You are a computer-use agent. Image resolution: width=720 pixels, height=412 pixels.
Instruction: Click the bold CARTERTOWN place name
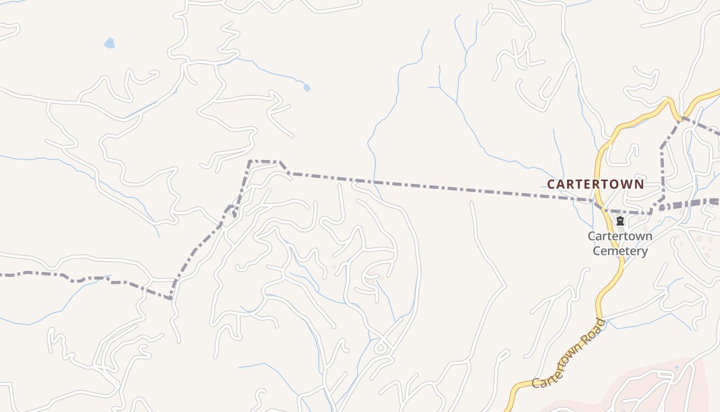[595, 184]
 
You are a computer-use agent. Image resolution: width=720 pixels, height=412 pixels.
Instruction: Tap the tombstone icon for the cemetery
[620, 221]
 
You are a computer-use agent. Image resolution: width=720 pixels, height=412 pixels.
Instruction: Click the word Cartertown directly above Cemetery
[620, 236]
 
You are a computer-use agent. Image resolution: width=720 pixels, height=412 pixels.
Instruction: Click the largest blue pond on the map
[109, 43]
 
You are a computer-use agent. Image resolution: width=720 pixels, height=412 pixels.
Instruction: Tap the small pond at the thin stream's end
[307, 88]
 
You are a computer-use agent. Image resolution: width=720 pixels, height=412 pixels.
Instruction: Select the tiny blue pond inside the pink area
[676, 368]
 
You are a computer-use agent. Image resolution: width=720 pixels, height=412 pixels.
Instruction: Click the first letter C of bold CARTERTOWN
[551, 184]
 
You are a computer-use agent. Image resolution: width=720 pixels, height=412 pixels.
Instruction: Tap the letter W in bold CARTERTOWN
[625, 184]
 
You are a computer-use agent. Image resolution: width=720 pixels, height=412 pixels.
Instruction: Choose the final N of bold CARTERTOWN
[639, 184]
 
